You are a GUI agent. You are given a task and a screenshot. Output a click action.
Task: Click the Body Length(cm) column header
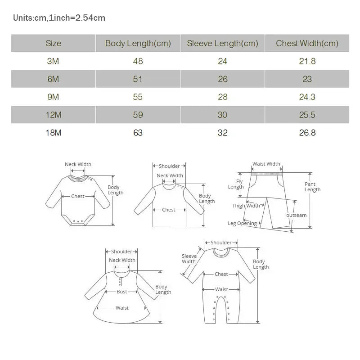click(x=138, y=44)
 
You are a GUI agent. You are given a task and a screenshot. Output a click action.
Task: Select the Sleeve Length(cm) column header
click(x=222, y=44)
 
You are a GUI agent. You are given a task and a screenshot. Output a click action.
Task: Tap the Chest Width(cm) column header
click(x=307, y=44)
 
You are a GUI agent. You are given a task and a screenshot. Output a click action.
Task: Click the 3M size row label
click(x=53, y=61)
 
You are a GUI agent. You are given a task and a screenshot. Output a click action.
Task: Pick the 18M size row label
click(x=53, y=133)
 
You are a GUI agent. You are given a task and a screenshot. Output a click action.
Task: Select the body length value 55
click(x=138, y=97)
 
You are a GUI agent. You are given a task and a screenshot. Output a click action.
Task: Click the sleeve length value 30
click(x=222, y=115)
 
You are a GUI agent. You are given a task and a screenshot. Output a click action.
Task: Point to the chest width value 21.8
click(x=307, y=61)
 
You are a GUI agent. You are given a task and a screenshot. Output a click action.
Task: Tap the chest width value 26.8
click(x=307, y=133)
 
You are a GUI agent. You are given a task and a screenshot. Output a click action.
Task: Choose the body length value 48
click(x=138, y=61)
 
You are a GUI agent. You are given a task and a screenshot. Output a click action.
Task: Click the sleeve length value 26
click(x=222, y=79)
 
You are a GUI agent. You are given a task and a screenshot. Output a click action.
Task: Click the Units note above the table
click(x=59, y=18)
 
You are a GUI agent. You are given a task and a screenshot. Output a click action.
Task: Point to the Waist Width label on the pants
click(x=266, y=164)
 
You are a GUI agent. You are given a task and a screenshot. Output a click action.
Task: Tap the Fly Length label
click(x=236, y=184)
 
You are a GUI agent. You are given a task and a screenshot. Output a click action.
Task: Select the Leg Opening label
click(x=242, y=223)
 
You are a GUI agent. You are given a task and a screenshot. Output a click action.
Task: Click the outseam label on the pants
click(x=296, y=215)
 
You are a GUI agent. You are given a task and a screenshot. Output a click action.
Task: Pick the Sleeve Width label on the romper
click(x=189, y=259)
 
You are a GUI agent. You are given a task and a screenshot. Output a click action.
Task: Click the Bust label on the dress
click(x=122, y=292)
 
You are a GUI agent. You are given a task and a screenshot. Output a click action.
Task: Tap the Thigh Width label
click(x=246, y=206)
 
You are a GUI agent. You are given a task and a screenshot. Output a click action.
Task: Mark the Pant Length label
click(x=312, y=187)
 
